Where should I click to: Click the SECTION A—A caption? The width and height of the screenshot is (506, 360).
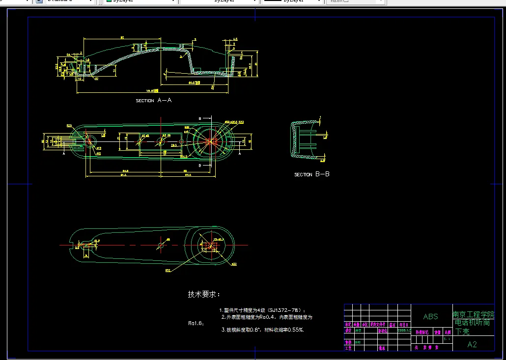click(x=153, y=100)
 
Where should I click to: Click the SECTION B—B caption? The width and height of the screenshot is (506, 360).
click(x=312, y=174)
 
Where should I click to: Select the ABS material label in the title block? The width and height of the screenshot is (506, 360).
click(x=430, y=317)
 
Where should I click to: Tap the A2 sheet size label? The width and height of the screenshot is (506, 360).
click(x=472, y=344)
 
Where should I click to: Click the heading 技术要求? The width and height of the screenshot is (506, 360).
click(x=204, y=294)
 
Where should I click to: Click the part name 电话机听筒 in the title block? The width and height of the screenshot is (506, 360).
click(x=471, y=323)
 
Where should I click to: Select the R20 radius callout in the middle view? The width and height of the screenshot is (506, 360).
click(x=69, y=126)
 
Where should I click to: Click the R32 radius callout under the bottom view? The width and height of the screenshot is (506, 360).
click(x=168, y=270)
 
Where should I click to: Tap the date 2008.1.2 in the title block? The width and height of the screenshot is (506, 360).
click(x=404, y=331)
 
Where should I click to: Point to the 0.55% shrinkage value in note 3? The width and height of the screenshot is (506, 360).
click(x=295, y=330)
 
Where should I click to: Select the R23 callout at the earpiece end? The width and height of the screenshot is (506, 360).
click(x=241, y=122)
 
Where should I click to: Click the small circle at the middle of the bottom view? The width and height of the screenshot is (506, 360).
click(x=161, y=245)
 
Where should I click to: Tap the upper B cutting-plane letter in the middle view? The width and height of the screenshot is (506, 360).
click(x=199, y=119)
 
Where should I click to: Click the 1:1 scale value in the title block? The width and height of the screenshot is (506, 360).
click(x=447, y=339)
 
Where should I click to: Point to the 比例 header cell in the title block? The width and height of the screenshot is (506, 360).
click(x=448, y=332)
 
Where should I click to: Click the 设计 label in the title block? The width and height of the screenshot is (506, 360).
click(x=348, y=331)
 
